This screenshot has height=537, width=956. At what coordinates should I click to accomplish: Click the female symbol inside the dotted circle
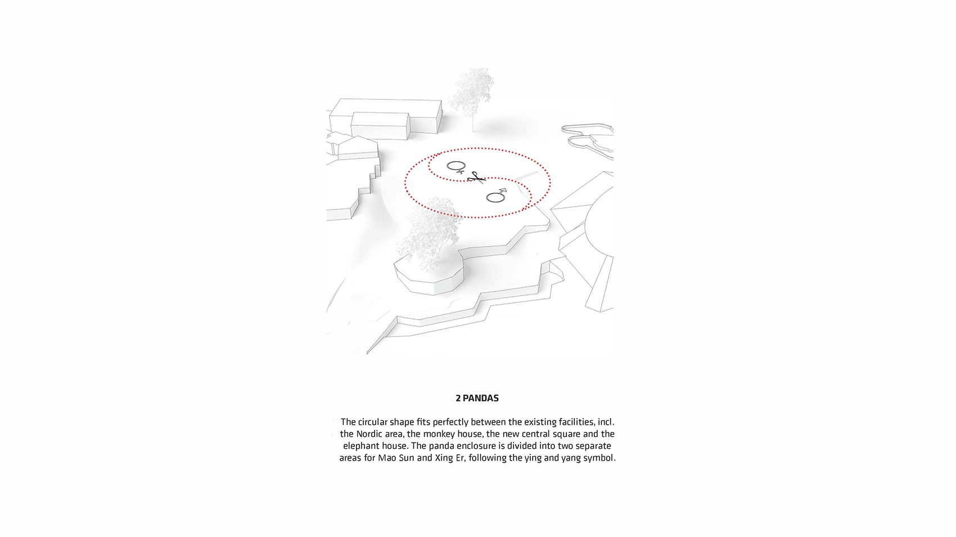[456, 167]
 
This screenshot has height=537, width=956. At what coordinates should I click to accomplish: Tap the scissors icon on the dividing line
[476, 178]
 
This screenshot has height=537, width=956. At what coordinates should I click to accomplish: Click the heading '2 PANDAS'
[477, 398]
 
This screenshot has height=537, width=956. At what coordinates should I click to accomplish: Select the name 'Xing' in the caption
[444, 458]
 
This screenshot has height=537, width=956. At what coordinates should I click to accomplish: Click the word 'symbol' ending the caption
[601, 458]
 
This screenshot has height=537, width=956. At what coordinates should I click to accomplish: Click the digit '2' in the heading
[458, 398]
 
